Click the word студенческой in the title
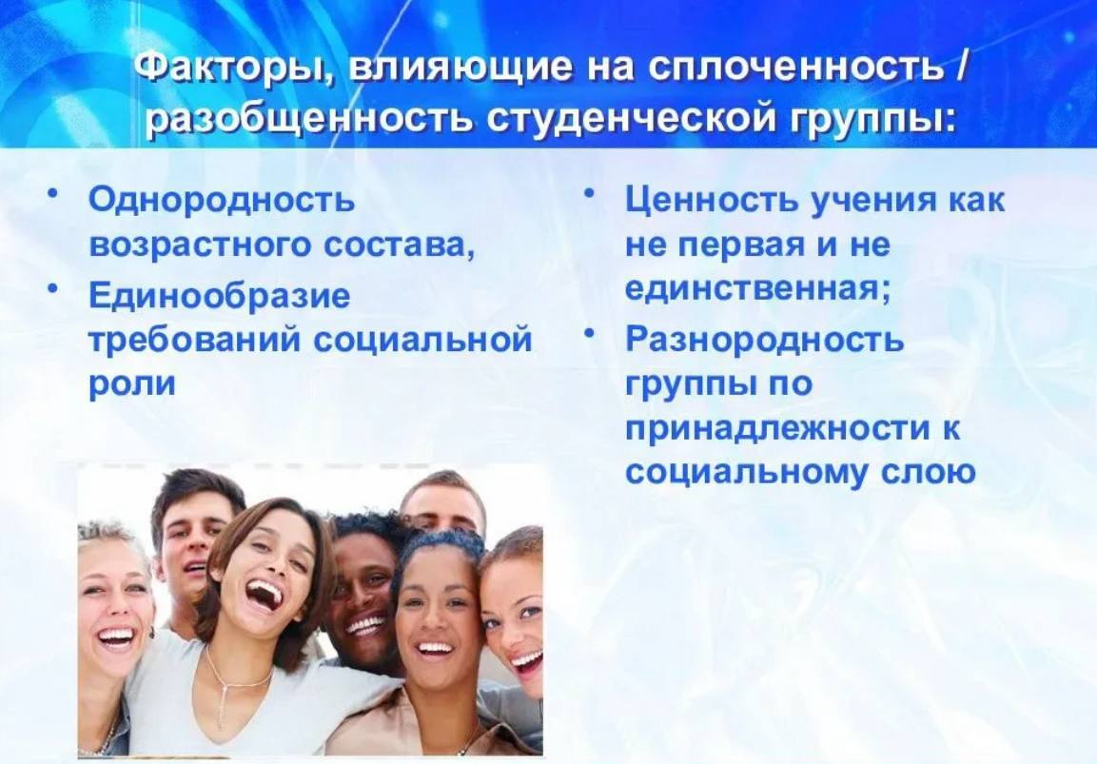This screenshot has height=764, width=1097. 630,119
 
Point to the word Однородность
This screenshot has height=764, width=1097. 222,201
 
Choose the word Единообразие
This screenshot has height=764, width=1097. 219,296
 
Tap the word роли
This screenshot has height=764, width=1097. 132,384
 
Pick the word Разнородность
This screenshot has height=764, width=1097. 764,341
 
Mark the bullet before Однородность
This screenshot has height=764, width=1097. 51,194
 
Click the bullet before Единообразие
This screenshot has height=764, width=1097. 51,289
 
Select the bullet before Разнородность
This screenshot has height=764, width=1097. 589,332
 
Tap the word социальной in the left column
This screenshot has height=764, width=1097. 422,341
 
